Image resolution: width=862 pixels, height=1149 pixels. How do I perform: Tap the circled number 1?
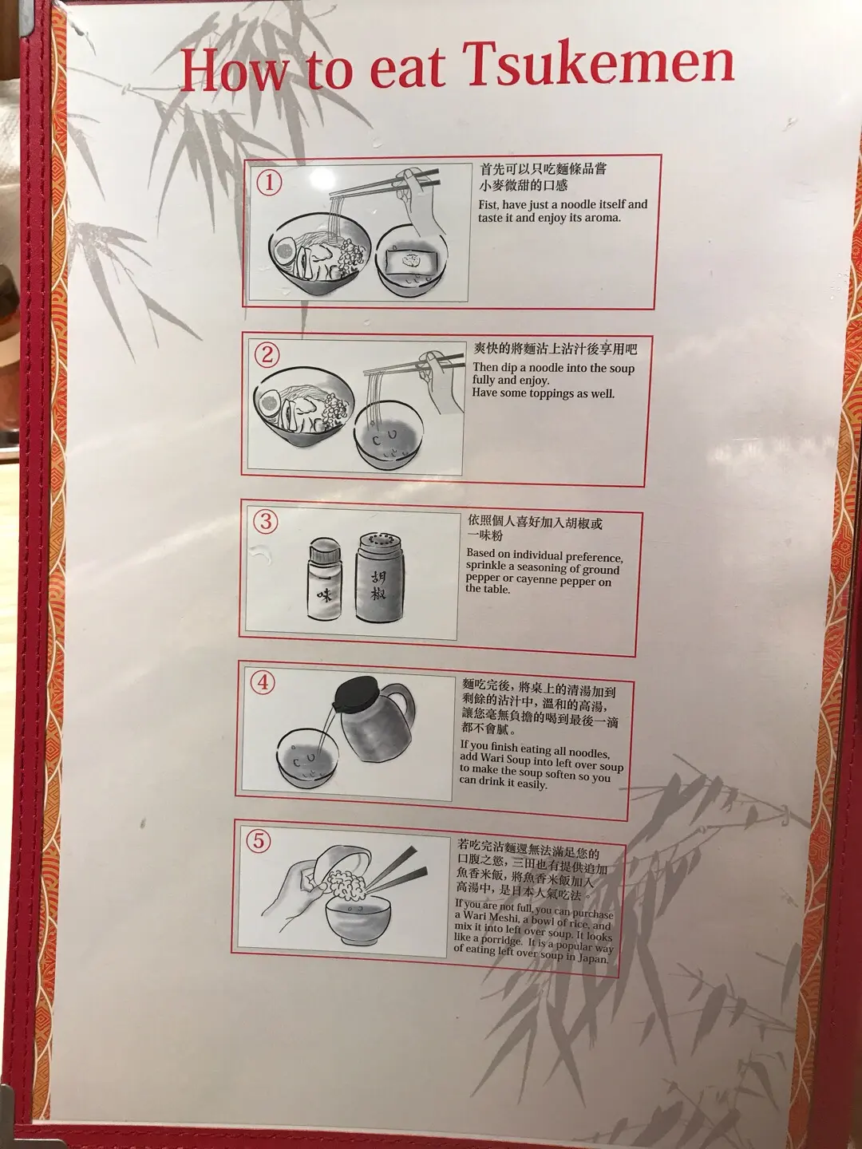269,184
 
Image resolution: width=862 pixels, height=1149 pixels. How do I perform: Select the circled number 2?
267,355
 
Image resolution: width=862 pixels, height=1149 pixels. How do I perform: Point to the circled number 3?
265,523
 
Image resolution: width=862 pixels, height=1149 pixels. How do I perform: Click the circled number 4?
263,683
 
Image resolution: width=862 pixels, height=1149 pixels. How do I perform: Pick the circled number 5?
259,842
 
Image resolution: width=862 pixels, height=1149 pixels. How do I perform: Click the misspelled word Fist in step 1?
488,204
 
